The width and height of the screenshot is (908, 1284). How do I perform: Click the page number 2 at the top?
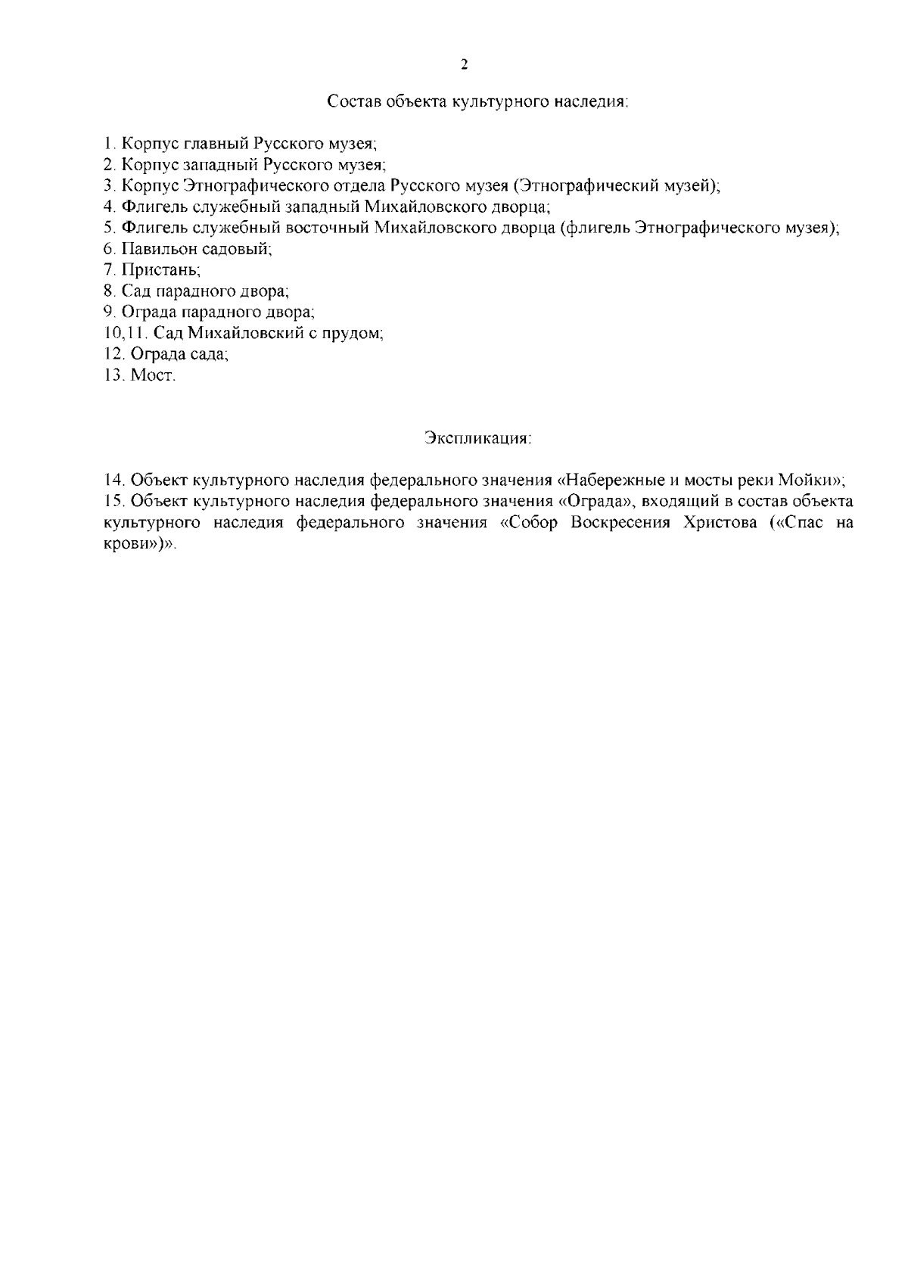click(x=464, y=64)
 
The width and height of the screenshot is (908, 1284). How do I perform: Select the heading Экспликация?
click(x=477, y=438)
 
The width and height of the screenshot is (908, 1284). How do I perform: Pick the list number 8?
click(x=108, y=291)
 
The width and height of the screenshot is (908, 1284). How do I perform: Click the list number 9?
click(x=108, y=312)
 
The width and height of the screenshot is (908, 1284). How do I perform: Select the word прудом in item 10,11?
click(x=355, y=333)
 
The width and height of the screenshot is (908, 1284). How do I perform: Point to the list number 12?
click(x=113, y=354)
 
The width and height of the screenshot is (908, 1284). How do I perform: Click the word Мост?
click(x=153, y=375)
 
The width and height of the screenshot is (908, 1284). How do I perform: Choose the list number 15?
click(x=113, y=502)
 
